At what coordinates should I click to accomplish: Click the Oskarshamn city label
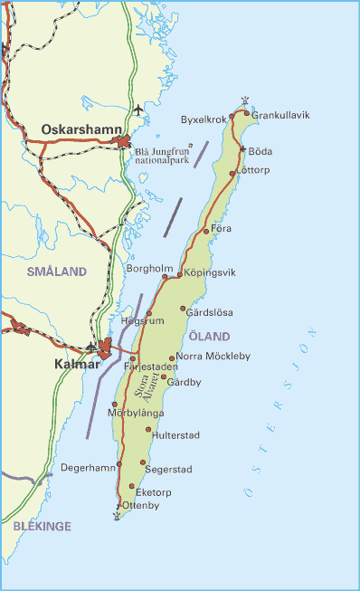81,129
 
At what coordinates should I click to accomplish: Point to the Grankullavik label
279,116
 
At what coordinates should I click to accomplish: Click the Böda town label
260,152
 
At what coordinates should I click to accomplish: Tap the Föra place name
221,228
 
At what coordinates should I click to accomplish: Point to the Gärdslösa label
210,312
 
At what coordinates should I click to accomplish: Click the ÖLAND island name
209,337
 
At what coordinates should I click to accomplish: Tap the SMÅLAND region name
56,272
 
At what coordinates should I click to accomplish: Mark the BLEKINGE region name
42,526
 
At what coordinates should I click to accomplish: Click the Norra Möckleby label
213,357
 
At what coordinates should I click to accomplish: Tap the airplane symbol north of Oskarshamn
137,110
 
